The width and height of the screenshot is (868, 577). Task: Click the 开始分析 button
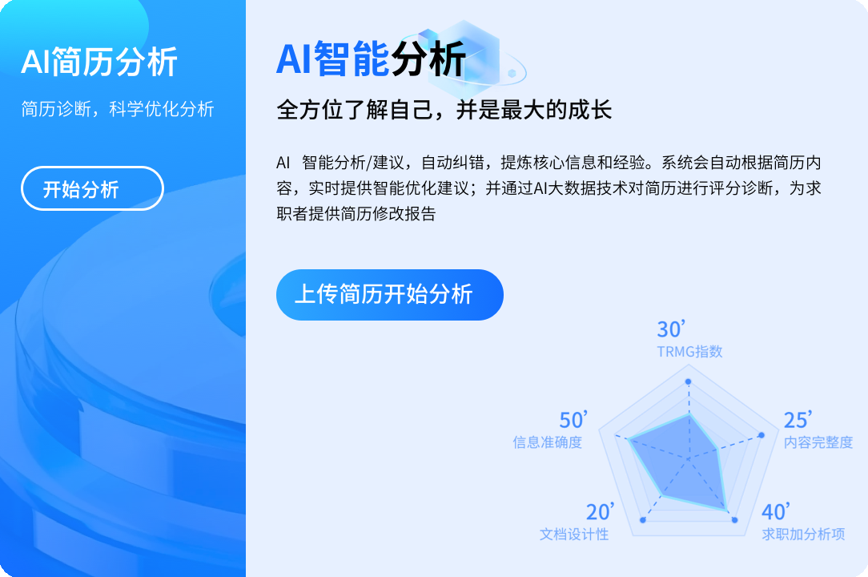[92, 188]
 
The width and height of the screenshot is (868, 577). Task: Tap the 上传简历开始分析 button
[390, 294]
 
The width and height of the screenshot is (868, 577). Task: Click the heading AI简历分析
[99, 62]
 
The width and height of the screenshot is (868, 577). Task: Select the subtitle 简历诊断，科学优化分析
[118, 109]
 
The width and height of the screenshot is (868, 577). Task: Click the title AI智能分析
[371, 59]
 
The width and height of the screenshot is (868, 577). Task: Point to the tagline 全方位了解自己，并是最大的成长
[444, 110]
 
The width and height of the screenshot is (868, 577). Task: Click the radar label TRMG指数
[689, 352]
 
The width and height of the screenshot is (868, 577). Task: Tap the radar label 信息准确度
[548, 442]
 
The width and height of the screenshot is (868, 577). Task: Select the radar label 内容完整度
[818, 442]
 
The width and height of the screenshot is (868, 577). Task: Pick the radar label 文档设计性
[574, 535]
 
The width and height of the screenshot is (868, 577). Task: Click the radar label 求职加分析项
[803, 535]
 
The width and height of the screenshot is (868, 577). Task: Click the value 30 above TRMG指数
[671, 329]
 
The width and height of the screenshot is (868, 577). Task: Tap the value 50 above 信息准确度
[573, 420]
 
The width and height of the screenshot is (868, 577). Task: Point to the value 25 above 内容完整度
[798, 420]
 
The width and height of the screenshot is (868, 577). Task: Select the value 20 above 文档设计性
[600, 512]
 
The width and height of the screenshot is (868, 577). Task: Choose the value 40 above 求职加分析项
[776, 512]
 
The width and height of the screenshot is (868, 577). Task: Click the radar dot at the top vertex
[688, 381]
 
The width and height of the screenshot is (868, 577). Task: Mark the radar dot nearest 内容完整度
[762, 435]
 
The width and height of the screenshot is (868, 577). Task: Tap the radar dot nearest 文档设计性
[643, 520]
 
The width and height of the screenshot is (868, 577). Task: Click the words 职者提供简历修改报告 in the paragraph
[356, 213]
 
